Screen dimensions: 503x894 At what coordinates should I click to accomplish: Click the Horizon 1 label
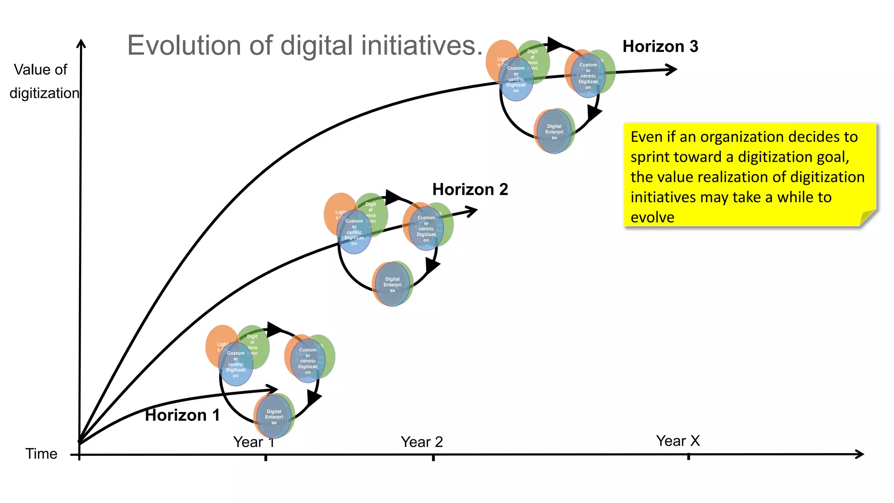[182, 415]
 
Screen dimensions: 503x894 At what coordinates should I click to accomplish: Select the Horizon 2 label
[470, 189]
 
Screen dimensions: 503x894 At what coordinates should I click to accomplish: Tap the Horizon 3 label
[660, 46]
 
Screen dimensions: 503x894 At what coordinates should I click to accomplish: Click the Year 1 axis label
[254, 442]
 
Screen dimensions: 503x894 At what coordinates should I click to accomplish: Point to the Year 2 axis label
[422, 442]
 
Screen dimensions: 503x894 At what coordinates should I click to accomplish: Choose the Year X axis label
[677, 441]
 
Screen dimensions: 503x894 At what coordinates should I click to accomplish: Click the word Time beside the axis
[41, 454]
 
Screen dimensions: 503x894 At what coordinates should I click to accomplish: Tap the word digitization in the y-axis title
[44, 93]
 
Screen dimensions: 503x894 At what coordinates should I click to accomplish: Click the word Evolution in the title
[184, 45]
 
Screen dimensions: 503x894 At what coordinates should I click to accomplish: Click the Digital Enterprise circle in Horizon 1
[274, 417]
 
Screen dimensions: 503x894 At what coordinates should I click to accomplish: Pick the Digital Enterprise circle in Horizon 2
[392, 284]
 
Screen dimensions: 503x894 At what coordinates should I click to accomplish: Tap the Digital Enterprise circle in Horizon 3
[554, 131]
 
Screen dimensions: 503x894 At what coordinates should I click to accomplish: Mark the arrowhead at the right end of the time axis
[860, 454]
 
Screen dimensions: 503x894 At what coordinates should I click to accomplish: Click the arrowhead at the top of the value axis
[81, 44]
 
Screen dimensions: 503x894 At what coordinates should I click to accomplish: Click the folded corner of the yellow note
[867, 218]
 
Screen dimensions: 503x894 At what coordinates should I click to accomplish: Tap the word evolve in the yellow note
[652, 217]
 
